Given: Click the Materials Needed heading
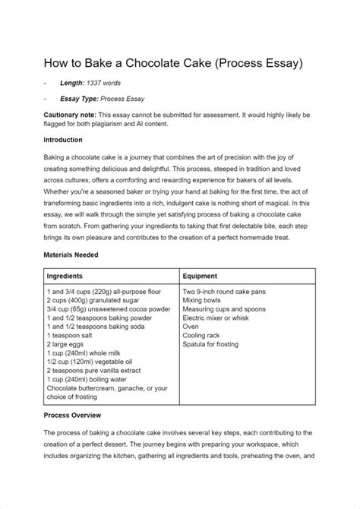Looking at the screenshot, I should [x=77, y=257].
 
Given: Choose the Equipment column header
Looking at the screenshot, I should [x=201, y=277].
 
